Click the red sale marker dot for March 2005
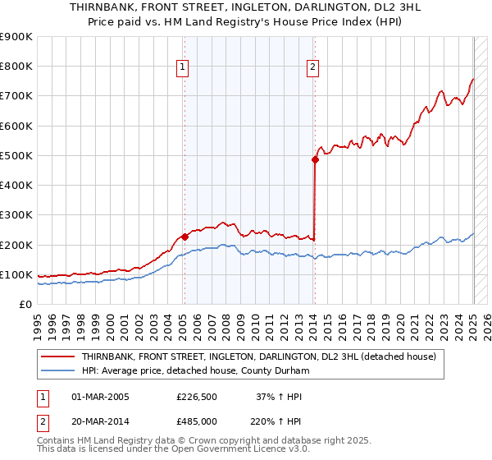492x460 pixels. [x=184, y=237]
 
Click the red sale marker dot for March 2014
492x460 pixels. [x=315, y=160]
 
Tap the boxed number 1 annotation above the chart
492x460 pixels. [x=181, y=68]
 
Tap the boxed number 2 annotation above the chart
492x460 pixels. [x=313, y=68]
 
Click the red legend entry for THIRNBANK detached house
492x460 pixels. [x=263, y=357]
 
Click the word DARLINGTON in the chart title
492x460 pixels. [x=296, y=8]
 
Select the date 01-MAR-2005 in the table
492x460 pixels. [x=101, y=397]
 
